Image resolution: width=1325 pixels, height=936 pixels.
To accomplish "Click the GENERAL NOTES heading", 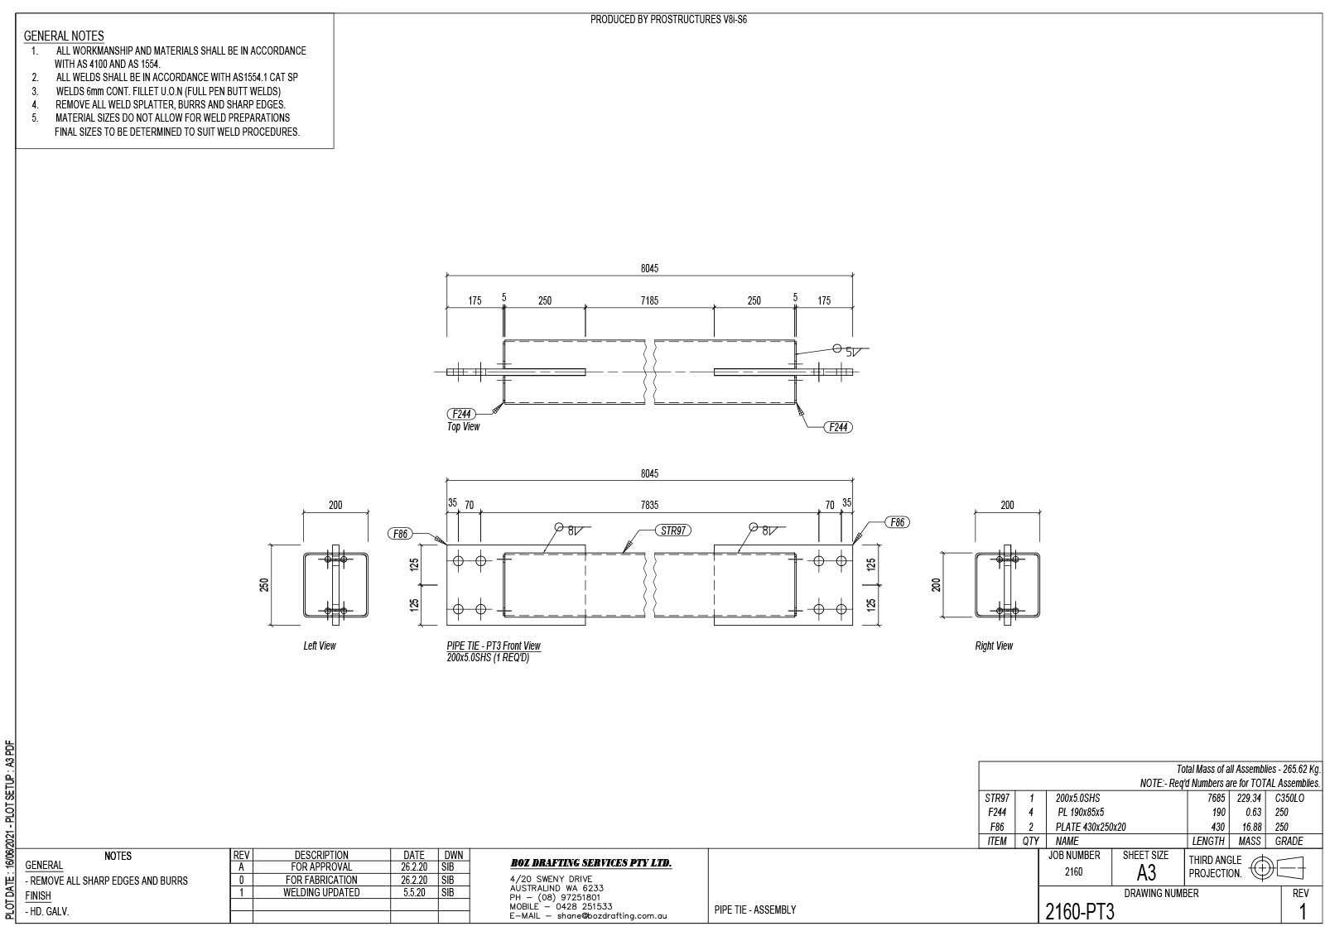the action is tap(64, 36).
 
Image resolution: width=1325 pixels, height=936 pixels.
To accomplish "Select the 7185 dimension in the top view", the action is tap(649, 300).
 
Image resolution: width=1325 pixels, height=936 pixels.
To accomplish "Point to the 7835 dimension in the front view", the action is tap(649, 505).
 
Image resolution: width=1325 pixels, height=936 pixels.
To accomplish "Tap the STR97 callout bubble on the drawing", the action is tap(673, 530).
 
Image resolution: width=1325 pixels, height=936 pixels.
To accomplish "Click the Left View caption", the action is tap(320, 646).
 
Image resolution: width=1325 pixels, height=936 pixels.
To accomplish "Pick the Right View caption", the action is tap(994, 646).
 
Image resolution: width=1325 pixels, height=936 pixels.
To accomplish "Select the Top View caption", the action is tap(463, 426).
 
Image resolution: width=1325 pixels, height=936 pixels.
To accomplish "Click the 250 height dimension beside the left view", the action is tap(264, 585).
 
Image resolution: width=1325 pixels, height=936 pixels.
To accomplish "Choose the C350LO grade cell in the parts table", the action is tap(1289, 798).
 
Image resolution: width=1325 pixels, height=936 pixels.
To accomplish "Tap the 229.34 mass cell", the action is tap(1249, 798).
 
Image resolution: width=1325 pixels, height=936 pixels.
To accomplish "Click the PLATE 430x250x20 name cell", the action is tap(1091, 827).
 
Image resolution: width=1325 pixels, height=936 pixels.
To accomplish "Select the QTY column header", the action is tap(1030, 841).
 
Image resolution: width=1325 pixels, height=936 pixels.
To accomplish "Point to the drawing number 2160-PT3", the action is tap(1080, 912).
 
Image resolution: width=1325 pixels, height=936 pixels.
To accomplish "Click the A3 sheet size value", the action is tap(1146, 873).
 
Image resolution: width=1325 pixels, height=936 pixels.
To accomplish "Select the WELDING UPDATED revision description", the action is tap(321, 892).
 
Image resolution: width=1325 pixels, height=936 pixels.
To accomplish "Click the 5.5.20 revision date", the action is tap(414, 892).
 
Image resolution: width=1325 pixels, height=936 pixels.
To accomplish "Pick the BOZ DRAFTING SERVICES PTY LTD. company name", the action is tap(591, 862).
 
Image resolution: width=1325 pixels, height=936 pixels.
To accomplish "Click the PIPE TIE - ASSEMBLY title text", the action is tap(754, 910).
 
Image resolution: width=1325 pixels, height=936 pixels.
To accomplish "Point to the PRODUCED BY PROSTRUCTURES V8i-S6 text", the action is tap(668, 20).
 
